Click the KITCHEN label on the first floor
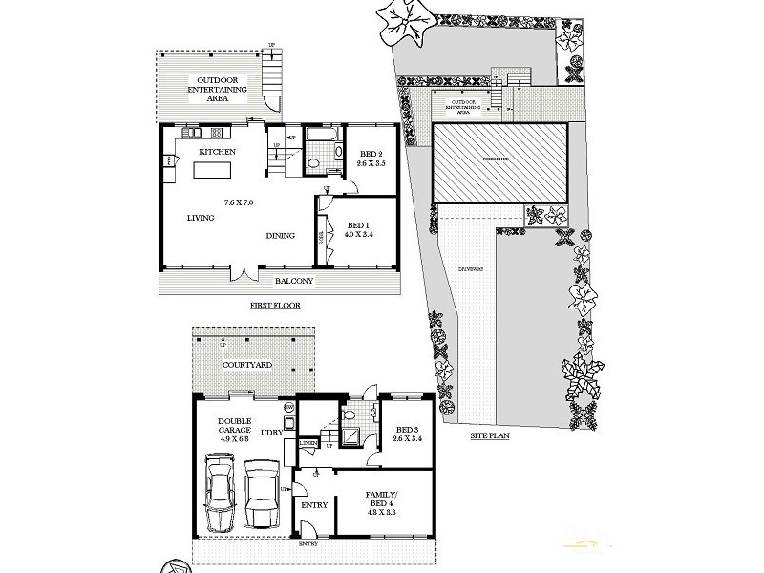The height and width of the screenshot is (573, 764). point(217,153)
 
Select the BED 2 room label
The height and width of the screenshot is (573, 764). point(371,155)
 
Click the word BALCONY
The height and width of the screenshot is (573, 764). point(295,282)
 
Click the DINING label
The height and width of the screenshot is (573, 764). point(280,236)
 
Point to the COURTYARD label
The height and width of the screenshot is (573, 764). point(246,365)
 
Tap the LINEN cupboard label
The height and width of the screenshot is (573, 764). point(308,443)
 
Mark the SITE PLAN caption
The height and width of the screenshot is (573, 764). point(494,435)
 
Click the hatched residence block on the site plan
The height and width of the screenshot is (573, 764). point(500,163)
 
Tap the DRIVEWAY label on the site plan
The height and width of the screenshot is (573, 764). point(471,268)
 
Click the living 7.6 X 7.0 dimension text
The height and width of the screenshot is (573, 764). point(238,202)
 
